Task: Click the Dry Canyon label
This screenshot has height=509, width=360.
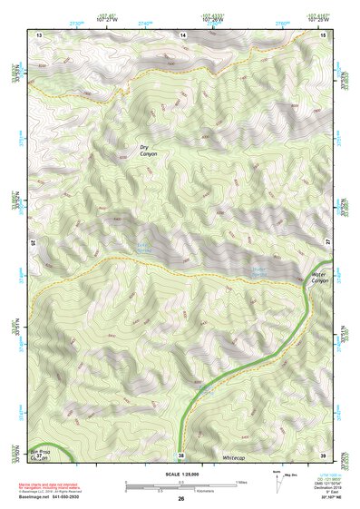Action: coord(148,152)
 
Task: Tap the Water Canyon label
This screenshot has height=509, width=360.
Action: coord(318,277)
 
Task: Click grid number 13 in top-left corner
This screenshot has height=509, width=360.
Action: coord(40,34)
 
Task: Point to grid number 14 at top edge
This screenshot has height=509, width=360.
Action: coord(182,34)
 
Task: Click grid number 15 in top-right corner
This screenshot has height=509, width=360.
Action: coord(323,34)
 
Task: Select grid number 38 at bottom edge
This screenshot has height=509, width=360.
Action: coord(181,455)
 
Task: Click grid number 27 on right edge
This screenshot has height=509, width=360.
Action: coord(327,242)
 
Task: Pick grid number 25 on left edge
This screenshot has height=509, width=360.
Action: coord(34,242)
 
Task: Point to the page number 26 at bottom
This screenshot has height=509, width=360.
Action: coord(181,499)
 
